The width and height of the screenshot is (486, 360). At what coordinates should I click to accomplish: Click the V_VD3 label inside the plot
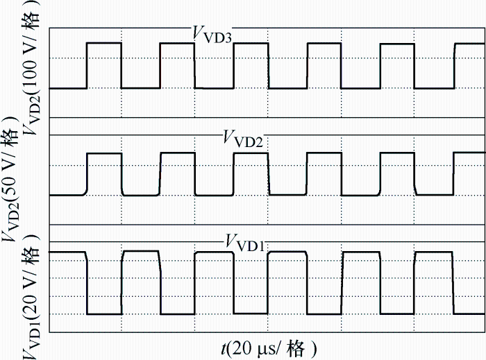212,34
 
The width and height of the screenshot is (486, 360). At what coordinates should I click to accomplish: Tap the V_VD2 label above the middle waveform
243,138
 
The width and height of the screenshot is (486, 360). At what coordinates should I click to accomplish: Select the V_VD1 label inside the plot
245,243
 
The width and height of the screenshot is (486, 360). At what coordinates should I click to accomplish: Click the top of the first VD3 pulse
104,43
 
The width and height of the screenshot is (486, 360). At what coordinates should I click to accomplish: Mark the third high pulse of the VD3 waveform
251,66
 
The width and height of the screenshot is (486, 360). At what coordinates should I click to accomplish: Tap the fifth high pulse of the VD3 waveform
397,66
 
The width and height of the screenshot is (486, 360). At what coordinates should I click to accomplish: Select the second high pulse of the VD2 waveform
178,174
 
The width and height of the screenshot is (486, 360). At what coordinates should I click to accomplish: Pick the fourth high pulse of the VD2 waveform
324,174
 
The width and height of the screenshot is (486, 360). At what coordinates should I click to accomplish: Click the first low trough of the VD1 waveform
104,283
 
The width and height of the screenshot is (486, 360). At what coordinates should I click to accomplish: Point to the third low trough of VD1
251,282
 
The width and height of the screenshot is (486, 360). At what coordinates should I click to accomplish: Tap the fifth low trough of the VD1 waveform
397,283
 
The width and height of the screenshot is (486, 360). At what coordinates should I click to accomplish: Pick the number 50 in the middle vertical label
10,185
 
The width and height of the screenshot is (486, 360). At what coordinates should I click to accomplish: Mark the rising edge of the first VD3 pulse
87,66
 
